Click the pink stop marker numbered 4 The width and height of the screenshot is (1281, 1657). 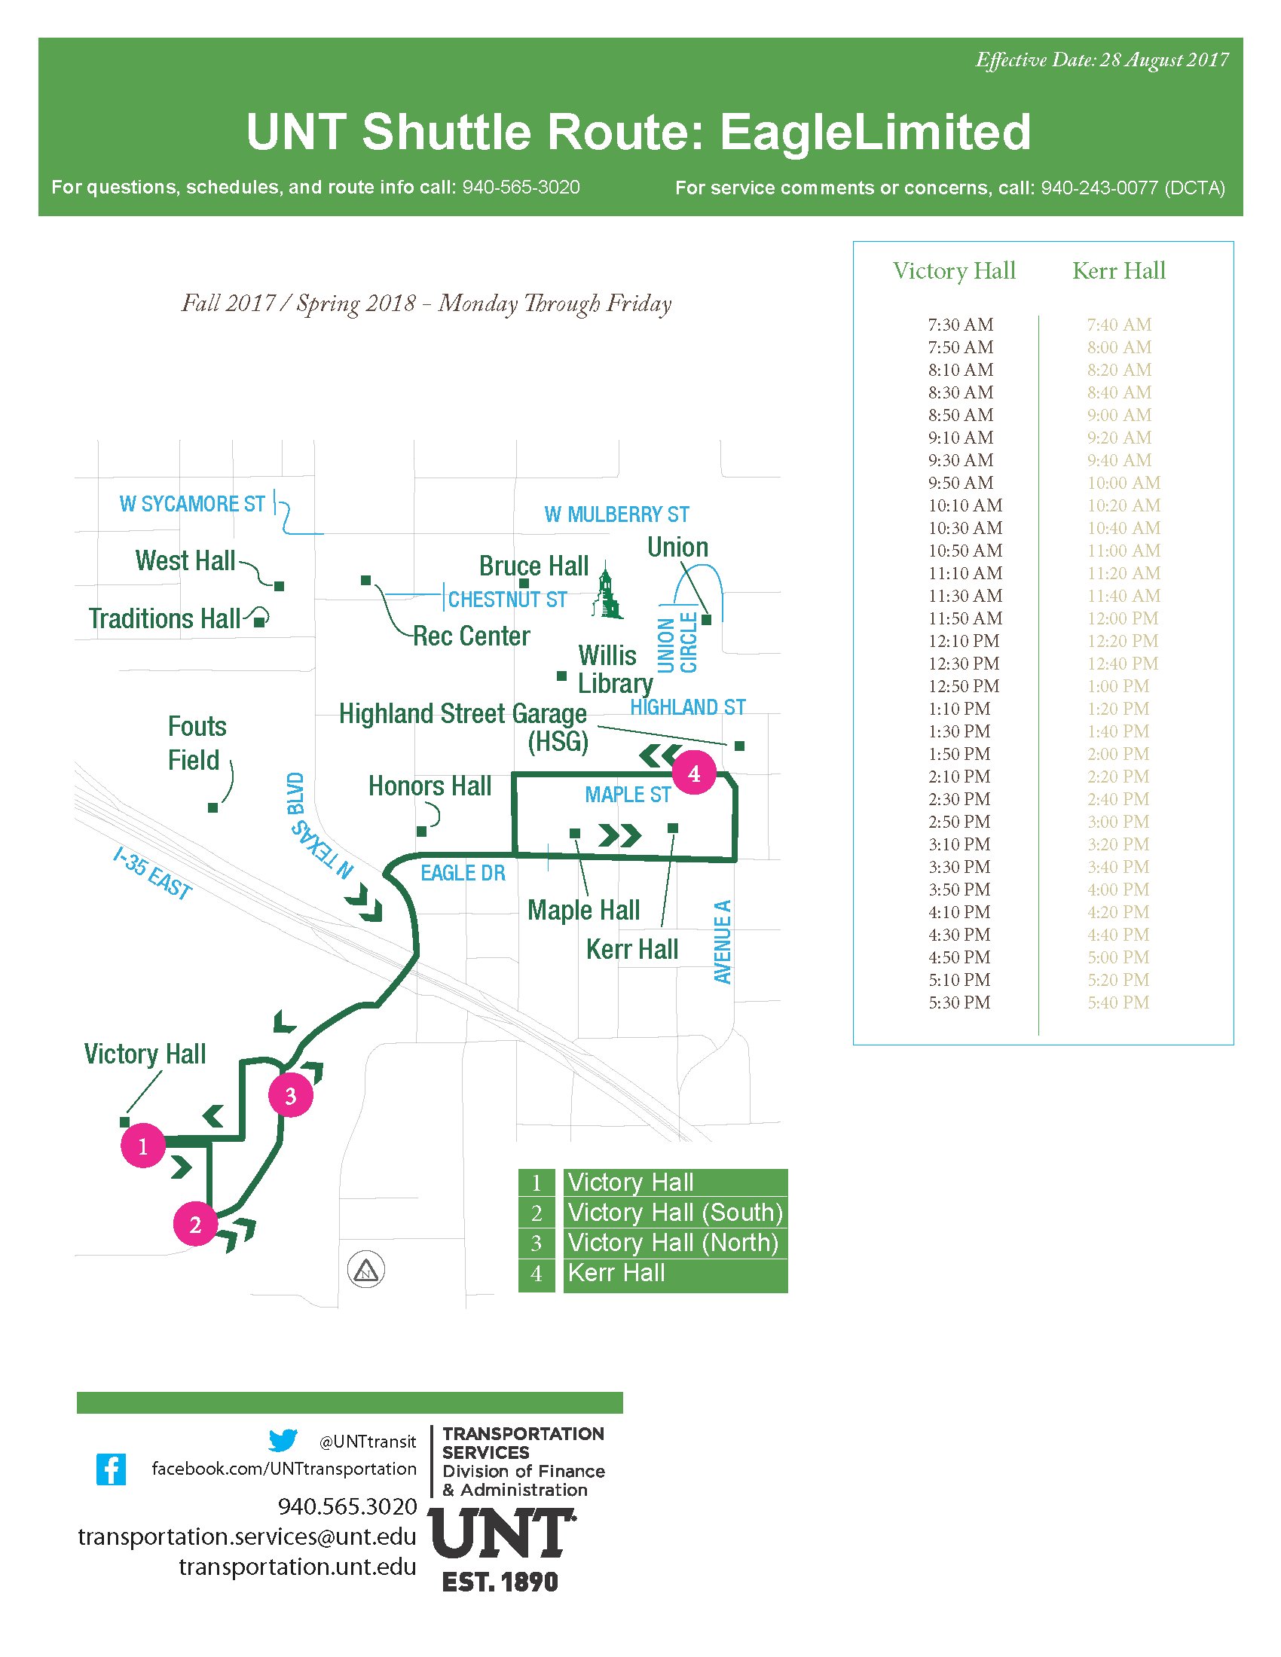click(x=693, y=773)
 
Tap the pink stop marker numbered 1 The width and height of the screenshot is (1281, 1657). click(x=142, y=1146)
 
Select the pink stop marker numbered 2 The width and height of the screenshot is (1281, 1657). click(x=195, y=1225)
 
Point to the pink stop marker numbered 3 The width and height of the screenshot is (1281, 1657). click(x=291, y=1096)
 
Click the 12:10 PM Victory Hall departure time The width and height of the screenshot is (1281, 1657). click(x=963, y=641)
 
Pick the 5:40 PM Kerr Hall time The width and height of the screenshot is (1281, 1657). click(x=1117, y=1003)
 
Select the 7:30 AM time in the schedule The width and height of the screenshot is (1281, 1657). click(x=960, y=325)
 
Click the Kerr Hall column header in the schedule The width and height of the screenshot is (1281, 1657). click(x=1118, y=271)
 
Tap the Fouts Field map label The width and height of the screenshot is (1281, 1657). click(x=197, y=743)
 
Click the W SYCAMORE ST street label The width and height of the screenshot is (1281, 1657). click(x=193, y=504)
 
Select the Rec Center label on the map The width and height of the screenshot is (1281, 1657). click(x=471, y=636)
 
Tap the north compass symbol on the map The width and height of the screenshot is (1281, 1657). click(x=365, y=1269)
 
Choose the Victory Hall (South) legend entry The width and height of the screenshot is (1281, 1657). click(x=674, y=1213)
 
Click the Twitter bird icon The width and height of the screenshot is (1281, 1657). click(x=283, y=1440)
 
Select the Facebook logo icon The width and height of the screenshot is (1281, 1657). click(x=111, y=1469)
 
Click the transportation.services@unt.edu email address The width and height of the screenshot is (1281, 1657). click(x=247, y=1536)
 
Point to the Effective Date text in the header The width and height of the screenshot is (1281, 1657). click(x=1102, y=60)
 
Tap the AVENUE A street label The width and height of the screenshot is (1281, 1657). click(x=723, y=941)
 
